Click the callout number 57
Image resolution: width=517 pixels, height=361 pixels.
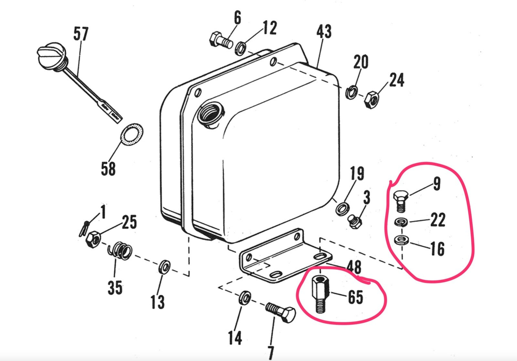click(x=81, y=34)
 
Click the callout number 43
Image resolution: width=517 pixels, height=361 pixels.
click(x=324, y=32)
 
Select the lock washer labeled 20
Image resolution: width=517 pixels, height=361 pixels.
click(x=352, y=92)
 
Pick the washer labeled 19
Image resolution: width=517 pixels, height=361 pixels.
click(x=342, y=208)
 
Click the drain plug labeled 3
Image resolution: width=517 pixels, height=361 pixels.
click(x=355, y=222)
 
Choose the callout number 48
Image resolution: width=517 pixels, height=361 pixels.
click(x=353, y=268)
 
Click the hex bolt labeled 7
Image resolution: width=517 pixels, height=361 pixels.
click(x=282, y=312)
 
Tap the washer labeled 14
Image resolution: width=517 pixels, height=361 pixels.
click(x=245, y=297)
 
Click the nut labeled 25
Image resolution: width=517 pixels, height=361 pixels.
click(x=93, y=239)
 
